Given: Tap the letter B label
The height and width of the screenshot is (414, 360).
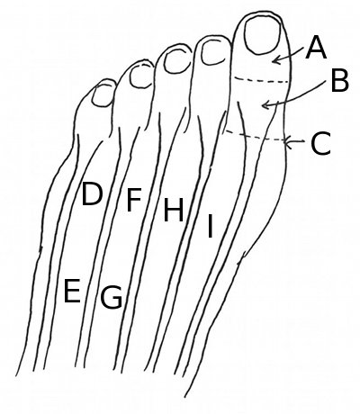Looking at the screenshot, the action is tap(340, 80).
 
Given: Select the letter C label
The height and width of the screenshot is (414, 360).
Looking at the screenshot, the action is tap(320, 143).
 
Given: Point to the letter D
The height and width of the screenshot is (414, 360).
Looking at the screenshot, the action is tap(92, 194).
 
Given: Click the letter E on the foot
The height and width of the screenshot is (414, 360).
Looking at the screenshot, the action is tap(72, 290).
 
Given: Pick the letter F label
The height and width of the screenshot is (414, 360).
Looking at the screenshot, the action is tap(133, 200).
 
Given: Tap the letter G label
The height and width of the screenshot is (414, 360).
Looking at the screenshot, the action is tap(111, 297).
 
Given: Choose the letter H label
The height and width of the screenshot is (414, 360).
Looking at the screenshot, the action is tap(173, 211).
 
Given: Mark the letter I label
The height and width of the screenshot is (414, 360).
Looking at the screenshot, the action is tap(210, 226).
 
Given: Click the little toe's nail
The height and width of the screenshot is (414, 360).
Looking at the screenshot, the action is tap(103, 94).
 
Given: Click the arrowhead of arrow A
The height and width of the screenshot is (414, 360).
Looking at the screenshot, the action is tap(275, 60).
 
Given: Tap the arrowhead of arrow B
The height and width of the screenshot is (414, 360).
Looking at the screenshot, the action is tap(265, 105).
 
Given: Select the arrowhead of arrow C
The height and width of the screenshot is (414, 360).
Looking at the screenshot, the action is tap(288, 142).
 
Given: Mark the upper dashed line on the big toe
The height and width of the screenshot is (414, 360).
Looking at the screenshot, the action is tap(262, 80).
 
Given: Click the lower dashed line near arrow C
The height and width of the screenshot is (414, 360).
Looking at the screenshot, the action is tap(255, 136).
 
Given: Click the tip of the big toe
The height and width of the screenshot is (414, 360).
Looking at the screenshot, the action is tap(259, 11).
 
